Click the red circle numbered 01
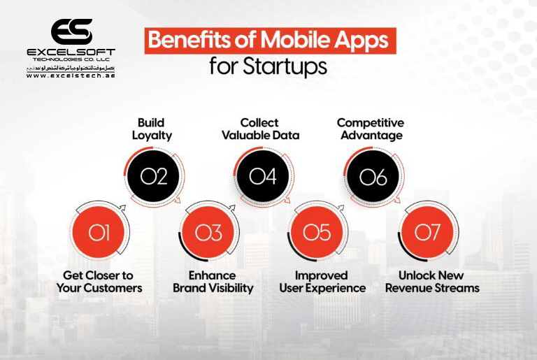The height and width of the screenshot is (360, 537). pos(99,232)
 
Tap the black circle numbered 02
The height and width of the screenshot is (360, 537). pos(154,178)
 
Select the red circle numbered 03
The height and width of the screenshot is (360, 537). pos(208,232)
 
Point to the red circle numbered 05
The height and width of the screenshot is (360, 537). pos(317,232)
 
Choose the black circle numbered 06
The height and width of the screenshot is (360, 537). pos(373,178)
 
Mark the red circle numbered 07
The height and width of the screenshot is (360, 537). pos(427,232)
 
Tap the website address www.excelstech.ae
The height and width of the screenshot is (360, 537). pos(71,75)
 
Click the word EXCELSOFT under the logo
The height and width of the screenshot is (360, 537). pos(71,52)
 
